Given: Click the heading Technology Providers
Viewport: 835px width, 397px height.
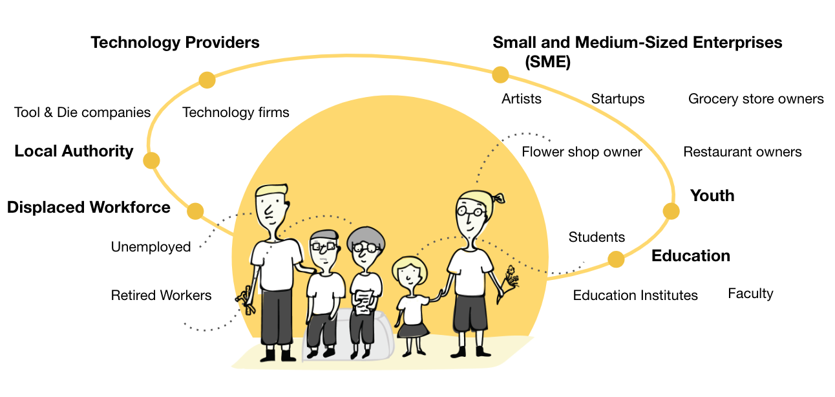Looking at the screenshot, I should click(x=174, y=43).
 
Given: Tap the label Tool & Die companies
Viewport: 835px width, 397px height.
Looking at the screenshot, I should click(x=82, y=113).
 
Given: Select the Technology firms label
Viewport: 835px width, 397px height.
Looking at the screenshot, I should click(x=235, y=113).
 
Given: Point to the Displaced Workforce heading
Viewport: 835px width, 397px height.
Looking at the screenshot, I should click(x=89, y=208).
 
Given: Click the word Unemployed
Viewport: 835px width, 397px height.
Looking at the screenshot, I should click(x=151, y=247).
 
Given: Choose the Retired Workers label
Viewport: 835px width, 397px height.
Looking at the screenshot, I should click(x=161, y=295).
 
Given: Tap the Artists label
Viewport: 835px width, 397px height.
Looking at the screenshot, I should click(x=521, y=99).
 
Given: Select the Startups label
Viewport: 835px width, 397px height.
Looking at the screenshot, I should click(x=617, y=99).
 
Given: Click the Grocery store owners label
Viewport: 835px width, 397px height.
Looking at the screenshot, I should click(x=756, y=99).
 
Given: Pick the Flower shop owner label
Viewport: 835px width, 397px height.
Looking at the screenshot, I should click(x=582, y=152).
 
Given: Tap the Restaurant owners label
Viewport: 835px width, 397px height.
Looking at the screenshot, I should click(x=742, y=152).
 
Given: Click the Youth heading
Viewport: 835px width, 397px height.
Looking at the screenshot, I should click(x=712, y=196).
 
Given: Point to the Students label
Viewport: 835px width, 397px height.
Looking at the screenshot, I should click(x=597, y=237).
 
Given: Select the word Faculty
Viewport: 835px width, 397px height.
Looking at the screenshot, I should click(x=750, y=294).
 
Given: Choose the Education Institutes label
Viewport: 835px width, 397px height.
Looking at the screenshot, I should click(x=635, y=295).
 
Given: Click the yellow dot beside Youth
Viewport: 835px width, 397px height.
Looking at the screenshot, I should click(x=671, y=211).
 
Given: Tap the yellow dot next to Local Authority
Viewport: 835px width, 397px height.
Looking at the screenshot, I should click(x=151, y=160).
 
